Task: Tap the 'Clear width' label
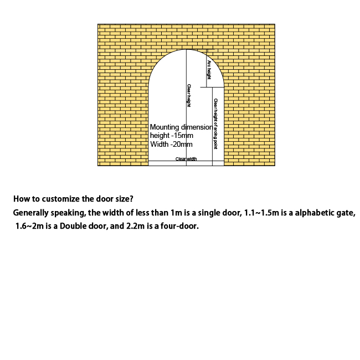pyautogui.click(x=186, y=159)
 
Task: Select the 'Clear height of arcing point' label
pyautogui.click(x=215, y=124)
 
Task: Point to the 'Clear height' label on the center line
pyautogui.click(x=188, y=95)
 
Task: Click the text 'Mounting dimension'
pyautogui.click(x=181, y=127)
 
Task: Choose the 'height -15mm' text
pyautogui.click(x=171, y=136)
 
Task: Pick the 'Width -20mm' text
pyautogui.click(x=171, y=144)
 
